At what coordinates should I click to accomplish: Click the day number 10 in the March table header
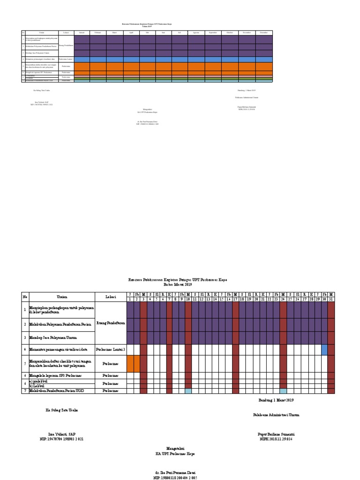point(188,299)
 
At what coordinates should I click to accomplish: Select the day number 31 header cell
point(331,299)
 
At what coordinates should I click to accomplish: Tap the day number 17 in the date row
point(235,299)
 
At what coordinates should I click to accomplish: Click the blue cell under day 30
point(324,350)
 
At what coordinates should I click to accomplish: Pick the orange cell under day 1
point(130,363)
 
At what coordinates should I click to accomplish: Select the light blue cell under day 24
point(283,390)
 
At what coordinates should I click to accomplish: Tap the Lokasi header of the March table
point(111,296)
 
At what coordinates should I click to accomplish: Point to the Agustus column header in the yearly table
point(196,33)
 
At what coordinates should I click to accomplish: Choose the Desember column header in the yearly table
point(264,33)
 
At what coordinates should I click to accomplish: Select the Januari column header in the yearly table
point(82,33)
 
